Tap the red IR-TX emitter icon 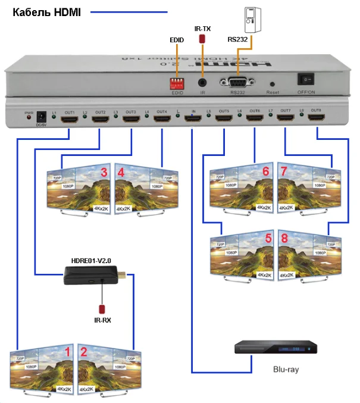tap(202, 39)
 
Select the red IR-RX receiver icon tap(102, 309)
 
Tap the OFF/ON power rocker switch tap(308, 79)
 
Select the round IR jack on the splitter tap(203, 82)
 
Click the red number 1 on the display tap(67, 352)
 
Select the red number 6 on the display tap(266, 172)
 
